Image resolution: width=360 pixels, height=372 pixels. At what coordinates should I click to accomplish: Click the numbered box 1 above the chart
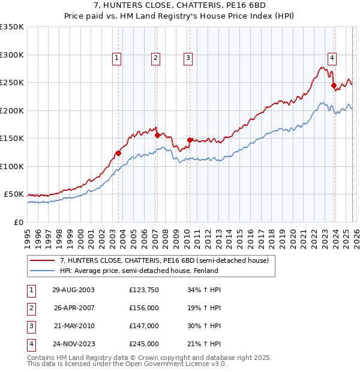[116, 58]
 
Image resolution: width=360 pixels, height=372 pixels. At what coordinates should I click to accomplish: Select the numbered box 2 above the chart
[155, 58]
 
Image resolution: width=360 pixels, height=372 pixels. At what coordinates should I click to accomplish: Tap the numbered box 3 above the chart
[188, 58]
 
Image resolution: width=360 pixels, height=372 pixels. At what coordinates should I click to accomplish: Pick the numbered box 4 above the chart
[331, 58]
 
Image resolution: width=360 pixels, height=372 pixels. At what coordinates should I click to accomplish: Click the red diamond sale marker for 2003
[119, 153]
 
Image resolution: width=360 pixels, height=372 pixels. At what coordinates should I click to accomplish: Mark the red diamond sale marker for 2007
[157, 135]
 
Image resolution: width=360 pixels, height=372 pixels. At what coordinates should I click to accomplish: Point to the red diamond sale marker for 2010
[190, 140]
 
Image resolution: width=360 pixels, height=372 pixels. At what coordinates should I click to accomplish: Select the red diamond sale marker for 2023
[334, 85]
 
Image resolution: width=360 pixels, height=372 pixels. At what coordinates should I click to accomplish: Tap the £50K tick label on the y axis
[14, 194]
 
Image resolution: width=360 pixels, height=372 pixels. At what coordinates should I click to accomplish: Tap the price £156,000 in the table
[144, 308]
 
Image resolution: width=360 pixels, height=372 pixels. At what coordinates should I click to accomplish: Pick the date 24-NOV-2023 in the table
[73, 344]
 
